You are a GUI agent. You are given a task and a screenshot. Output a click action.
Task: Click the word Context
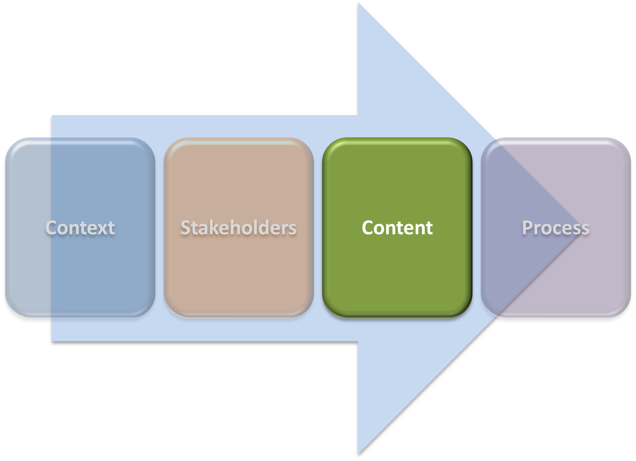pos(80,228)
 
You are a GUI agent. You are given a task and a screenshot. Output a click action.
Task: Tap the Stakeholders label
pos(239,228)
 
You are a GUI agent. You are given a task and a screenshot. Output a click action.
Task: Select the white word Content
pos(397,228)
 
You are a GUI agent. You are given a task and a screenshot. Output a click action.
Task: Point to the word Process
pos(556,228)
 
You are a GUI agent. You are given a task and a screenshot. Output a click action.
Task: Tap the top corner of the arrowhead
pos(358,3)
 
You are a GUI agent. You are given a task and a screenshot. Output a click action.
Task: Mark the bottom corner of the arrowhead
pos(358,454)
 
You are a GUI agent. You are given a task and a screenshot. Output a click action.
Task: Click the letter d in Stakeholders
pos(265,228)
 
